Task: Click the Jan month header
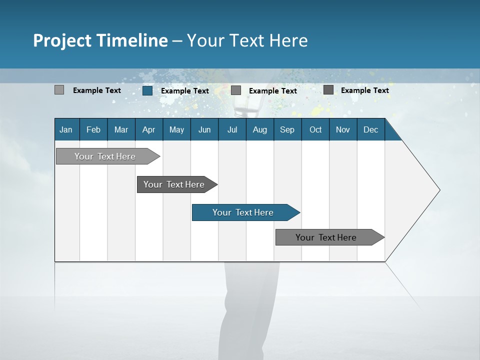click(x=66, y=129)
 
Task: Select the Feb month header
click(x=93, y=129)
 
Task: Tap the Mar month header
click(x=121, y=129)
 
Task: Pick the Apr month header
click(x=149, y=129)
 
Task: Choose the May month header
click(x=176, y=129)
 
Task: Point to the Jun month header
click(x=204, y=129)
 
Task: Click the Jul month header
click(x=232, y=129)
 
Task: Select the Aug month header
click(x=260, y=129)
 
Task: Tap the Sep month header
click(x=287, y=129)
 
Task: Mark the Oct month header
click(x=315, y=129)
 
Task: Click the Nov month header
click(x=343, y=129)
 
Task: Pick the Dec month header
click(x=371, y=129)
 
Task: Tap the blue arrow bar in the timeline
click(x=243, y=212)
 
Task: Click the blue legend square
click(x=147, y=90)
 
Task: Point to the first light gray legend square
click(x=59, y=90)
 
